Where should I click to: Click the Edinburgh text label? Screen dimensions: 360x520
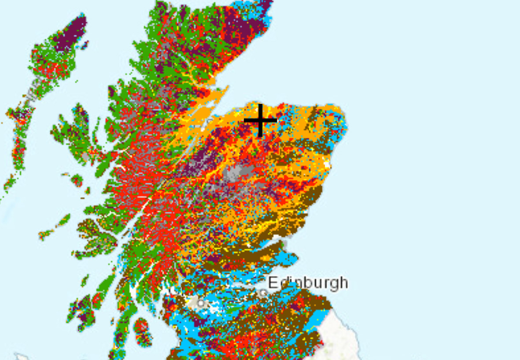coord(308,283)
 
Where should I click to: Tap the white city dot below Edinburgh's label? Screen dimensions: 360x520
coord(263,292)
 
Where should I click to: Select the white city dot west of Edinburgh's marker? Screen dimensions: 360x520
coord(201,303)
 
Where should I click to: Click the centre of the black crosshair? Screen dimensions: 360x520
coord(260,120)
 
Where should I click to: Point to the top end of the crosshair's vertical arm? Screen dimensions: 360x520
coord(260,105)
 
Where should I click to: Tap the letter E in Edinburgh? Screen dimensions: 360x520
coord(273,282)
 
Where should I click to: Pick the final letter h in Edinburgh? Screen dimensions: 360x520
coord(343,282)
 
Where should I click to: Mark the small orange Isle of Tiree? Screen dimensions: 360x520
coord(44,235)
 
